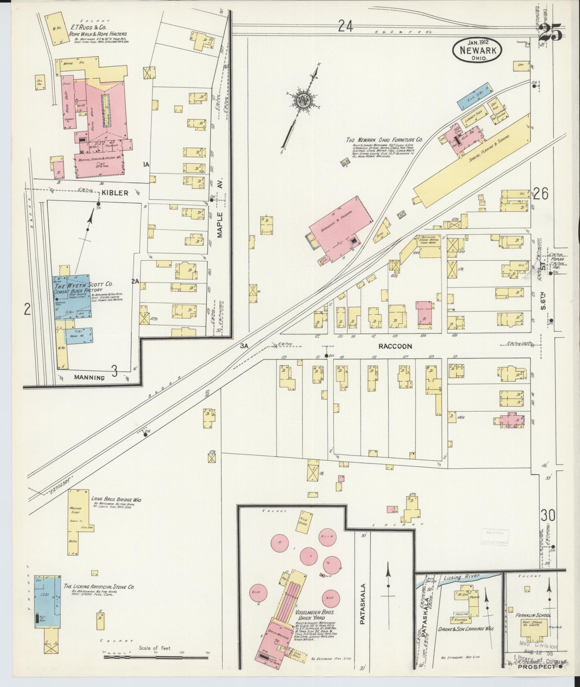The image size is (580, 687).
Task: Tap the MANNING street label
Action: [x=90, y=378]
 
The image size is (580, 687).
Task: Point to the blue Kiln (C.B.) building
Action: [x=472, y=97]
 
